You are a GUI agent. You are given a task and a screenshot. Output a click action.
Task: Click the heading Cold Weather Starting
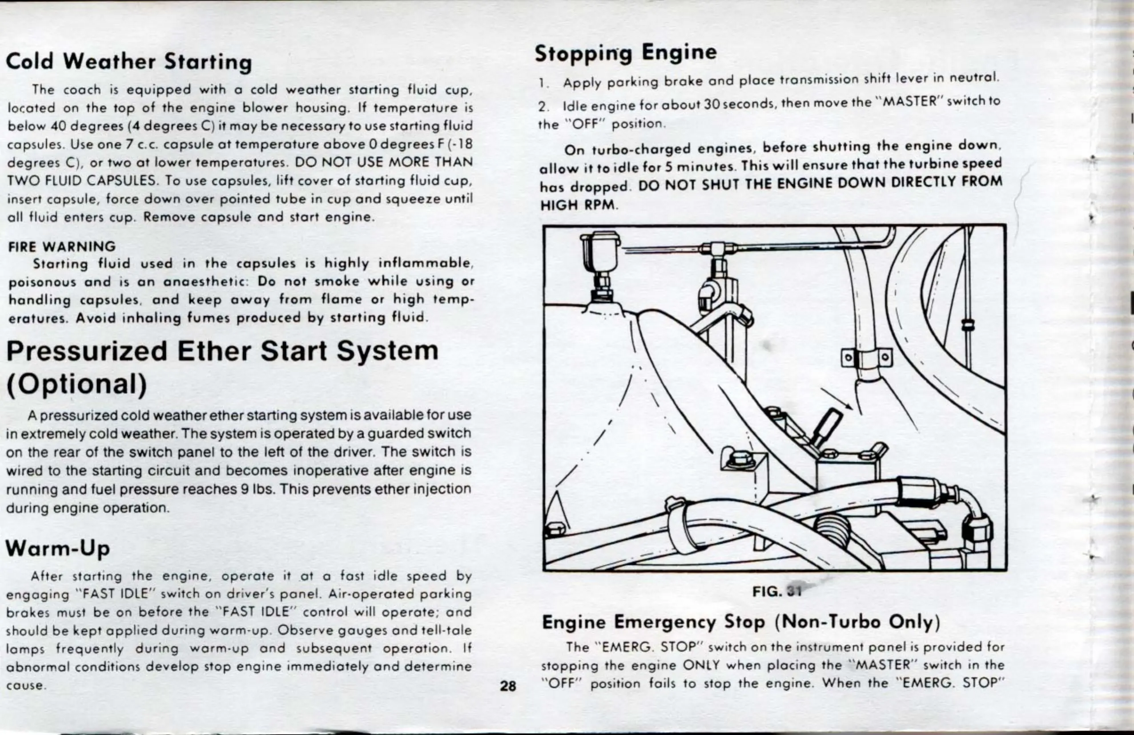click(129, 62)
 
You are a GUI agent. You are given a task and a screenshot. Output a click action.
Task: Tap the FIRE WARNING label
click(62, 246)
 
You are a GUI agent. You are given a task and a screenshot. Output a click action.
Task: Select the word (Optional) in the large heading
click(76, 384)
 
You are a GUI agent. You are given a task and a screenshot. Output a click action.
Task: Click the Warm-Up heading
click(57, 548)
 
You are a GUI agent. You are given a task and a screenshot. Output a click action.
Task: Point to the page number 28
click(508, 686)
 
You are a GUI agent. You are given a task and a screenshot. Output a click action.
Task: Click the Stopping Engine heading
click(625, 52)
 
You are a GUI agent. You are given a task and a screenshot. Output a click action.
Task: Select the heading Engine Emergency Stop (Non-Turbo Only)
click(741, 622)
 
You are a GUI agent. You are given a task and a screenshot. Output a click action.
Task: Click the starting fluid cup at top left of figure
click(599, 253)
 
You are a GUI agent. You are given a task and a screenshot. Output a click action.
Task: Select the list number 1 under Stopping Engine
click(542, 83)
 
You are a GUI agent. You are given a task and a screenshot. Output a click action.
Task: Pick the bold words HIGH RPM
click(579, 206)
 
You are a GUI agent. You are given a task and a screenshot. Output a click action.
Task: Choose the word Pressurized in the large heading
click(87, 351)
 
